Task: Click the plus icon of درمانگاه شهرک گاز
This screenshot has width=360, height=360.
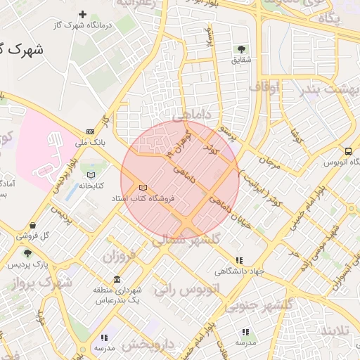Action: (83, 14)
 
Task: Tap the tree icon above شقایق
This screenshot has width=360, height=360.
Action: (241, 49)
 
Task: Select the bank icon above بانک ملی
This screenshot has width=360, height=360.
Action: (90, 131)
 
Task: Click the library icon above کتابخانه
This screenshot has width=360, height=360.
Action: (90, 174)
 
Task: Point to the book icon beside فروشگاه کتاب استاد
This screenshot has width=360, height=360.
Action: (143, 188)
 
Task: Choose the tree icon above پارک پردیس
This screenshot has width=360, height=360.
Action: (27, 253)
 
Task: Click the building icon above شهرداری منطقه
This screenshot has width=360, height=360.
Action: (117, 279)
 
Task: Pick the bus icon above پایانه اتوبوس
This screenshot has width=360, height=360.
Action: (348, 151)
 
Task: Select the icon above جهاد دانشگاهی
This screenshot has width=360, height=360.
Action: (240, 259)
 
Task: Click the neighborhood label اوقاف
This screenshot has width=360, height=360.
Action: (264, 86)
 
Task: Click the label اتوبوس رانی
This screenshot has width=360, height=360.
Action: (194, 289)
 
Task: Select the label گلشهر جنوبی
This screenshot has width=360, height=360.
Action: (258, 305)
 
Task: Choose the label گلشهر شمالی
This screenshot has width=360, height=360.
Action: (186, 240)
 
